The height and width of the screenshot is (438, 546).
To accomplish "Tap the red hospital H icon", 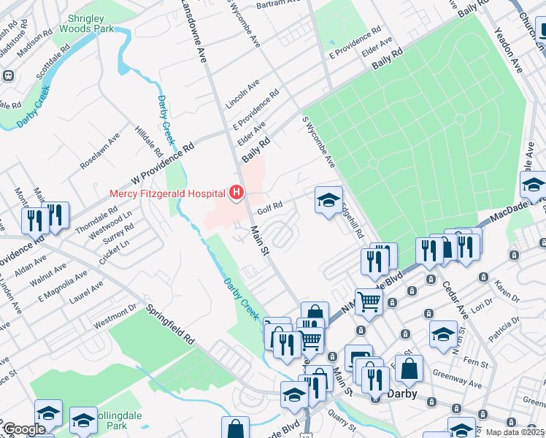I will point(237,193).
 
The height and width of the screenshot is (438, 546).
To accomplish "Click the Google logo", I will point(24,429).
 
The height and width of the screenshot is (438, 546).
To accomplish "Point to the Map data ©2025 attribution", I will point(515,432).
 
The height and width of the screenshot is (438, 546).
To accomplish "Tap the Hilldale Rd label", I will point(149,142).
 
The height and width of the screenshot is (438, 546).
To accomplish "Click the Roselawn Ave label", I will point(100,151).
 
